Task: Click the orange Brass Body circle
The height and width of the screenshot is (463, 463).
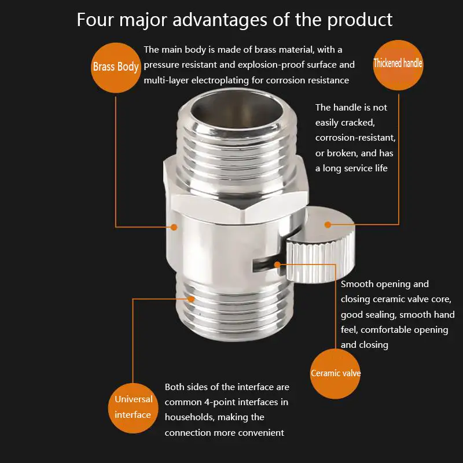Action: [116, 68]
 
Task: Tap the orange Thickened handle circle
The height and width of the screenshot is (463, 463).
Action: [398, 65]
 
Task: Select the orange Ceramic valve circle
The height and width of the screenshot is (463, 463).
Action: [335, 373]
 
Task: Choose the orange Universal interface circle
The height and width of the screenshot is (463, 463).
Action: [133, 408]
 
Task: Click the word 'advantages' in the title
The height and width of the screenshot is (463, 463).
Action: [220, 20]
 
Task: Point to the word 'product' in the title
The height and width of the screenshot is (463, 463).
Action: [360, 20]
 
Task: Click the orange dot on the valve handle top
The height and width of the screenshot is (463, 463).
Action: [328, 225]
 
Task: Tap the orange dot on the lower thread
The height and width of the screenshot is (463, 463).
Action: [191, 299]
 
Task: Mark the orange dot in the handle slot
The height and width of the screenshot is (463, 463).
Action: [277, 264]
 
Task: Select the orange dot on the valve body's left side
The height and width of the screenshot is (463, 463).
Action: [174, 227]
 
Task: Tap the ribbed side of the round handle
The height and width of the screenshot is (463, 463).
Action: [321, 260]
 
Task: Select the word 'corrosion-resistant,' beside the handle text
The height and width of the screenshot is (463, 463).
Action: [355, 138]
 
